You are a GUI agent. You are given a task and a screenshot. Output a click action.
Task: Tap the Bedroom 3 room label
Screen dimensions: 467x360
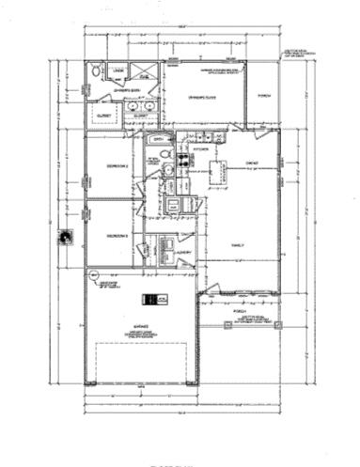[x=117, y=235]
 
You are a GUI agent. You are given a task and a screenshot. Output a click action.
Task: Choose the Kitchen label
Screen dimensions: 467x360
[x=200, y=148]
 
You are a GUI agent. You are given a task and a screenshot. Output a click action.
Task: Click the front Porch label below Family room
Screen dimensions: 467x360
[x=239, y=309]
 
